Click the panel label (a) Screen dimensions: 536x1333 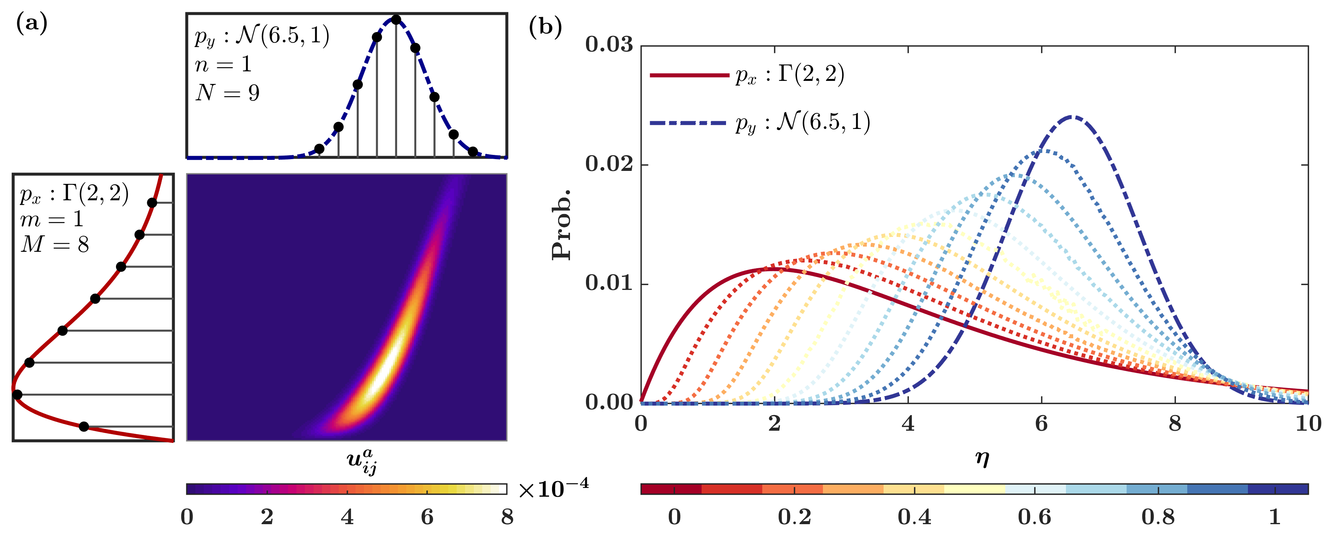click(x=32, y=24)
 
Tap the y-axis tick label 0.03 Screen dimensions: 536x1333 click(x=609, y=45)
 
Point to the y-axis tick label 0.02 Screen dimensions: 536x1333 click(x=609, y=164)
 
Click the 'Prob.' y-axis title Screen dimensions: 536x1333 click(x=562, y=224)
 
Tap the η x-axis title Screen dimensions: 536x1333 click(x=982, y=457)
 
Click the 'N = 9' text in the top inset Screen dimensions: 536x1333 click(x=228, y=93)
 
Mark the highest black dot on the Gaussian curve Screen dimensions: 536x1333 click(x=396, y=20)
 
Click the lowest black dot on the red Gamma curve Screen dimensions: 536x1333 click(x=84, y=427)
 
